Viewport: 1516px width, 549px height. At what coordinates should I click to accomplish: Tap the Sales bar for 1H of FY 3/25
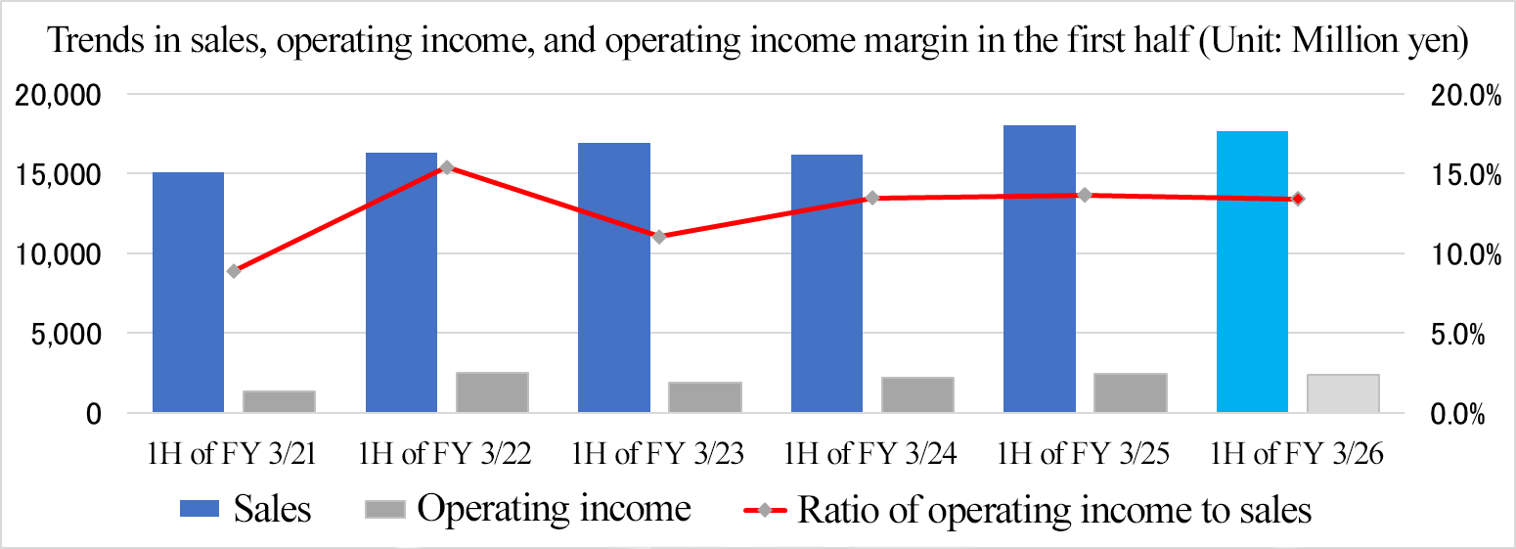pos(1040,268)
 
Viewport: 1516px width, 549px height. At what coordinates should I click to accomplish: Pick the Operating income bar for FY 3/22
pos(492,392)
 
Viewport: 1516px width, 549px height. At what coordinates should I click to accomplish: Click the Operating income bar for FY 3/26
pos(1343,393)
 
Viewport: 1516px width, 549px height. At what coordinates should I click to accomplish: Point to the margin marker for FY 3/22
pos(446,167)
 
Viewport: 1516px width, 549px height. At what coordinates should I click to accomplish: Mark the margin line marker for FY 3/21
pos(234,271)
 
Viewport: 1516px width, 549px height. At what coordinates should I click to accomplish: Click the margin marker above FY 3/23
pos(659,237)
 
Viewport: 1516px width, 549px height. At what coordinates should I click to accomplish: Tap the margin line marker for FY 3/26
pos(1298,199)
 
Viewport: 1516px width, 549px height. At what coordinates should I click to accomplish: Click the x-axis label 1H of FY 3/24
pos(871,454)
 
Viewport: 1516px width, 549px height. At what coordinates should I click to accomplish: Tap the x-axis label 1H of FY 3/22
pos(446,454)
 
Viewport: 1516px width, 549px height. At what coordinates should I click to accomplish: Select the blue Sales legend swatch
pos(201,509)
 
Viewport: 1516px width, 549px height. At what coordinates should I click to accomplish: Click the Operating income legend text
pos(554,509)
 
